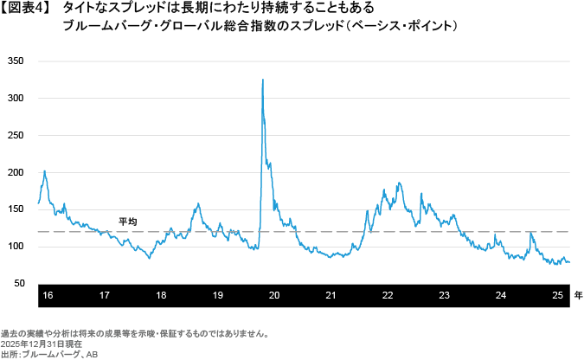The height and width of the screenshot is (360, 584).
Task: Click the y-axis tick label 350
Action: click(x=16, y=61)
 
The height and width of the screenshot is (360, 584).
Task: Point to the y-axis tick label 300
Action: click(x=16, y=99)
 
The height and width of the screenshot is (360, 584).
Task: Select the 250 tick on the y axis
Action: click(x=16, y=136)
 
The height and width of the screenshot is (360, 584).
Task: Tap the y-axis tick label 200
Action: click(x=16, y=173)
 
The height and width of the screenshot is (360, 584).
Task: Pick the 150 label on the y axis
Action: click(x=16, y=210)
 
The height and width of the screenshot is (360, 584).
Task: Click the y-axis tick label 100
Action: click(x=16, y=247)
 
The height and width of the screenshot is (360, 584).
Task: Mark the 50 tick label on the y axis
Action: click(x=18, y=284)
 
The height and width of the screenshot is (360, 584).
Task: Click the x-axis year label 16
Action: click(x=48, y=296)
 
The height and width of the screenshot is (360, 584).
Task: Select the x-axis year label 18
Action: click(x=161, y=296)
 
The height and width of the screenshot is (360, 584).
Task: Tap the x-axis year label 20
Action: click(x=274, y=296)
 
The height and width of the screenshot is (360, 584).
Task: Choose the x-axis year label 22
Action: click(x=388, y=296)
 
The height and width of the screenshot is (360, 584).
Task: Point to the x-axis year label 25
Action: click(x=558, y=296)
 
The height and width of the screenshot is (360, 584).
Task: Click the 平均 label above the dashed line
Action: click(x=127, y=222)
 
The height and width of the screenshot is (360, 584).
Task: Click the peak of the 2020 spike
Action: click(x=262, y=80)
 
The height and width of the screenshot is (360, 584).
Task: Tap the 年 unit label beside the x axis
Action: click(x=578, y=296)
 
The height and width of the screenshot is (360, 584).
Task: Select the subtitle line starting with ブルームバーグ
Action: click(x=260, y=27)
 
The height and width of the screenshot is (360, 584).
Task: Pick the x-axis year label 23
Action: click(x=444, y=296)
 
